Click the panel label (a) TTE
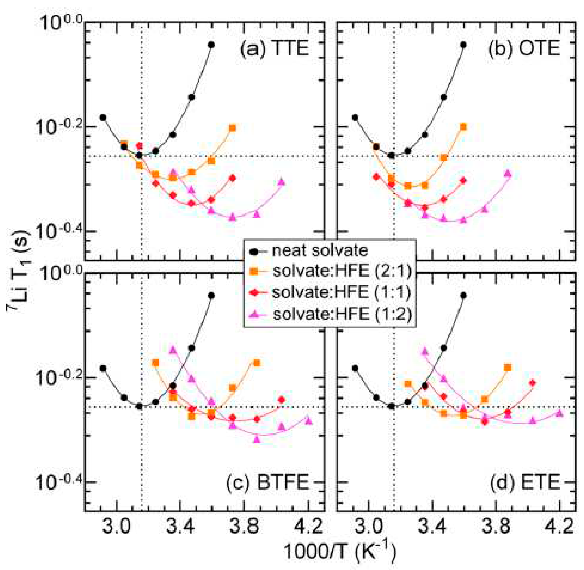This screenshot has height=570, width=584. (274, 49)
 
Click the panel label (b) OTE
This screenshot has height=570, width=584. (524, 49)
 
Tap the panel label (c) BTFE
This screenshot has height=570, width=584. (267, 483)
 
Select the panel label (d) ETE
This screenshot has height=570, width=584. (525, 483)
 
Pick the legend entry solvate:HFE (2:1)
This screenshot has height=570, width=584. (342, 272)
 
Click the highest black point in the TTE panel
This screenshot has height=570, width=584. (211, 45)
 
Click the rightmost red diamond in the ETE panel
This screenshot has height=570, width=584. (532, 382)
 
